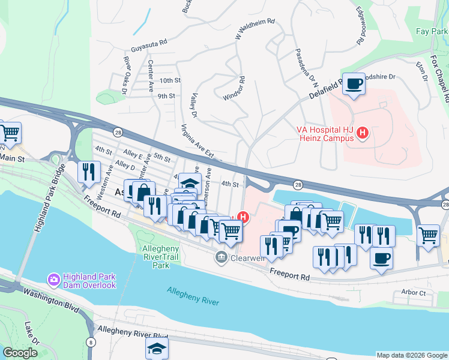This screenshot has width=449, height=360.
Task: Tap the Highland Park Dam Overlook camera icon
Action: click(x=53, y=279)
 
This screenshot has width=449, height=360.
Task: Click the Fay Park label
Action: click(x=432, y=31)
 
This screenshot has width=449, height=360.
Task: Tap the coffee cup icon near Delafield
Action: click(x=354, y=84)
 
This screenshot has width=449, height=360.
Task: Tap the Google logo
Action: click(x=20, y=353)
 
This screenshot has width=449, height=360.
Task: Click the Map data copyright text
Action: click(x=411, y=355)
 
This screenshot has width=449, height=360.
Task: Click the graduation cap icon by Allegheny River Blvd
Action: click(x=157, y=349)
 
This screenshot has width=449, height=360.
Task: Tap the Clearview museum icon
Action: click(x=221, y=258)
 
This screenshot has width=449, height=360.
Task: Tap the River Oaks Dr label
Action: click(x=126, y=75)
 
